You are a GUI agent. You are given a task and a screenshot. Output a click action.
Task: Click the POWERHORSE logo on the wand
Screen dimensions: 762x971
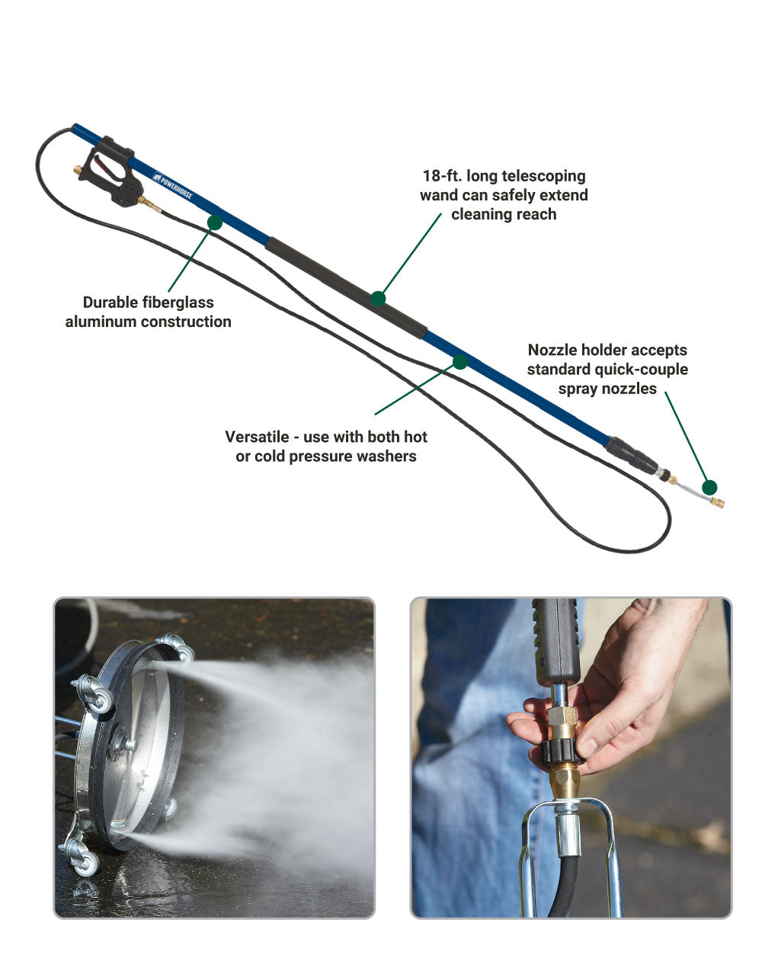pos(172,185)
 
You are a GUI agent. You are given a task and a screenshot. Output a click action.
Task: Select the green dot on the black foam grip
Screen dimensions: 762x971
pos(378,299)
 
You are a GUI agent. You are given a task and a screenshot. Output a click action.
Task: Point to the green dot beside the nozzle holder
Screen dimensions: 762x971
pos(709,487)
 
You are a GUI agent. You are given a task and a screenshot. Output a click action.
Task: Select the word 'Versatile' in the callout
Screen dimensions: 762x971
pos(257,437)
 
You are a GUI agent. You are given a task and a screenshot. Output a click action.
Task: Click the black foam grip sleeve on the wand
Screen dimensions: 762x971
pos(346,288)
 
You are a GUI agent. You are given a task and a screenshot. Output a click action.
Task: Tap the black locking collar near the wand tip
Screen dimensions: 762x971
pos(631,456)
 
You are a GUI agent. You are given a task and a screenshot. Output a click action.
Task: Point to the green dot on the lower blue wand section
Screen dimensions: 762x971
pos(460,361)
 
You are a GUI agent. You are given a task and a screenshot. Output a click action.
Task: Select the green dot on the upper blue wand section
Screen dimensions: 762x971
pos(215,222)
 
